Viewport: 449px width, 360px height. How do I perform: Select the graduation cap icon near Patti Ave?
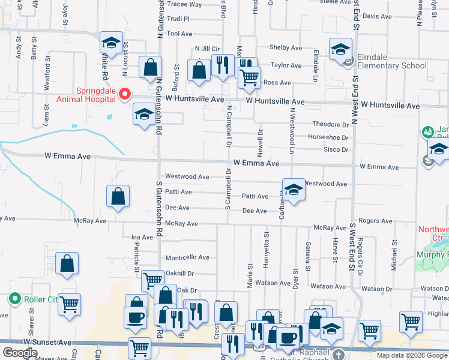tap(293, 190)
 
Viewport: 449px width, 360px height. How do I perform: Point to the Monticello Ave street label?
tap(187, 257)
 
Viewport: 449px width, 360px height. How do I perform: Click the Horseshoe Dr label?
tap(328, 137)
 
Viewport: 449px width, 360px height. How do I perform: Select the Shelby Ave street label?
tap(286, 47)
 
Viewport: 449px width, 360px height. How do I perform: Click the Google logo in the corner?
tap(20, 353)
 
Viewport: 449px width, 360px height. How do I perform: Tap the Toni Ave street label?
tap(179, 34)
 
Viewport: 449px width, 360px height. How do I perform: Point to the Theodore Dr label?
tap(331, 125)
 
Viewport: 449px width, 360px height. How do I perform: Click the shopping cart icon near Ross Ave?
tap(249, 77)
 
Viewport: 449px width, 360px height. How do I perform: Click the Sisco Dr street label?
tap(336, 149)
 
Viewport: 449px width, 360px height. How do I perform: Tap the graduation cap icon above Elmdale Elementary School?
tap(340, 49)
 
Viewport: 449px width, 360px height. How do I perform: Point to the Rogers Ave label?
tap(375, 221)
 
